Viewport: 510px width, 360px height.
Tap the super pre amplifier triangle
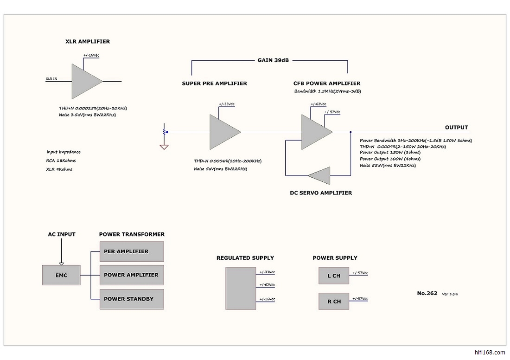223,132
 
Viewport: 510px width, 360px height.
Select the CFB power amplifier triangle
315,132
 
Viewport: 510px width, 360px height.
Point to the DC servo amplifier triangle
320,176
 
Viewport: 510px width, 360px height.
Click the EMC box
61,275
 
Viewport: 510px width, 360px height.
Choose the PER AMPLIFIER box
132,251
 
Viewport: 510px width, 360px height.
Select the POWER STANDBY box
132,299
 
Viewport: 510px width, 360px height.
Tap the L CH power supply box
333,276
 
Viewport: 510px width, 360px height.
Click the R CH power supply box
333,302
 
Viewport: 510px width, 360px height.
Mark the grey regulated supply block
241,289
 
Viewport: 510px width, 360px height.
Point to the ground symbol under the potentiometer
163,147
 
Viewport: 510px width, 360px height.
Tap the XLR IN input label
51,79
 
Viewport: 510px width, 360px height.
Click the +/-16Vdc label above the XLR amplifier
91,55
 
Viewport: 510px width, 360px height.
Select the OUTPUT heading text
456,128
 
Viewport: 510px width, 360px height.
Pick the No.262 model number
427,293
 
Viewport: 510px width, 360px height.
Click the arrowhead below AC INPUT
61,264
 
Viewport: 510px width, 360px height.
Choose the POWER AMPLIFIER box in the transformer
132,275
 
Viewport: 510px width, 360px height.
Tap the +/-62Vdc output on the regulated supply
267,286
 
